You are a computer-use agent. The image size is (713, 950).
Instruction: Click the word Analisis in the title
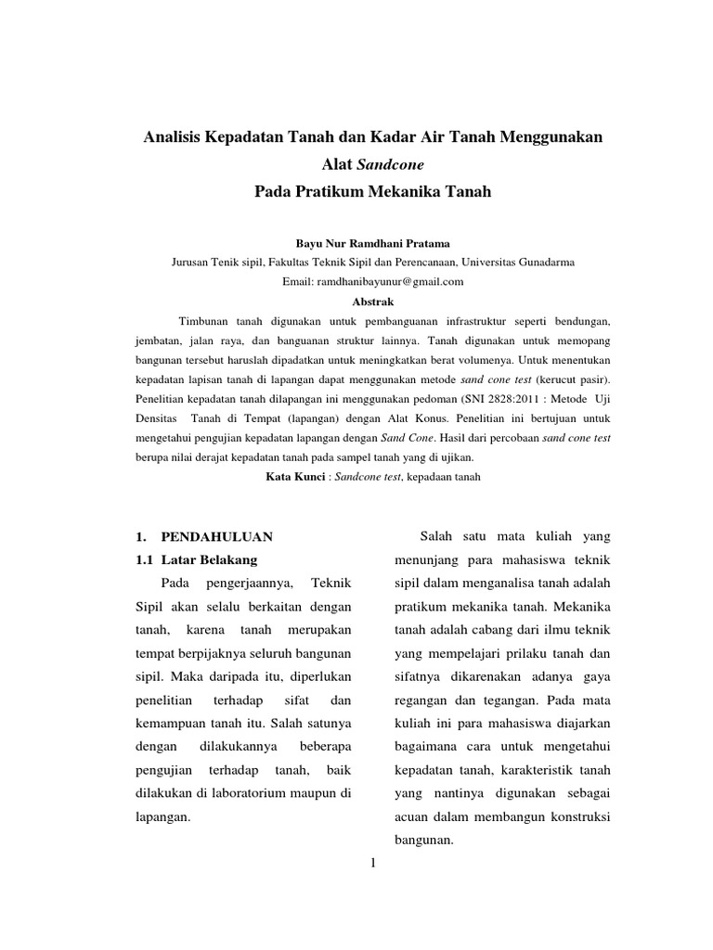point(174,137)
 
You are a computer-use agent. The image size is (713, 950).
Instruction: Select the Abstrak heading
point(374,302)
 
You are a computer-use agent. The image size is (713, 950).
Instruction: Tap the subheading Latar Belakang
point(209,560)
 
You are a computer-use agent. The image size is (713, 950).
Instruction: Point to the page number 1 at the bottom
point(373,864)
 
